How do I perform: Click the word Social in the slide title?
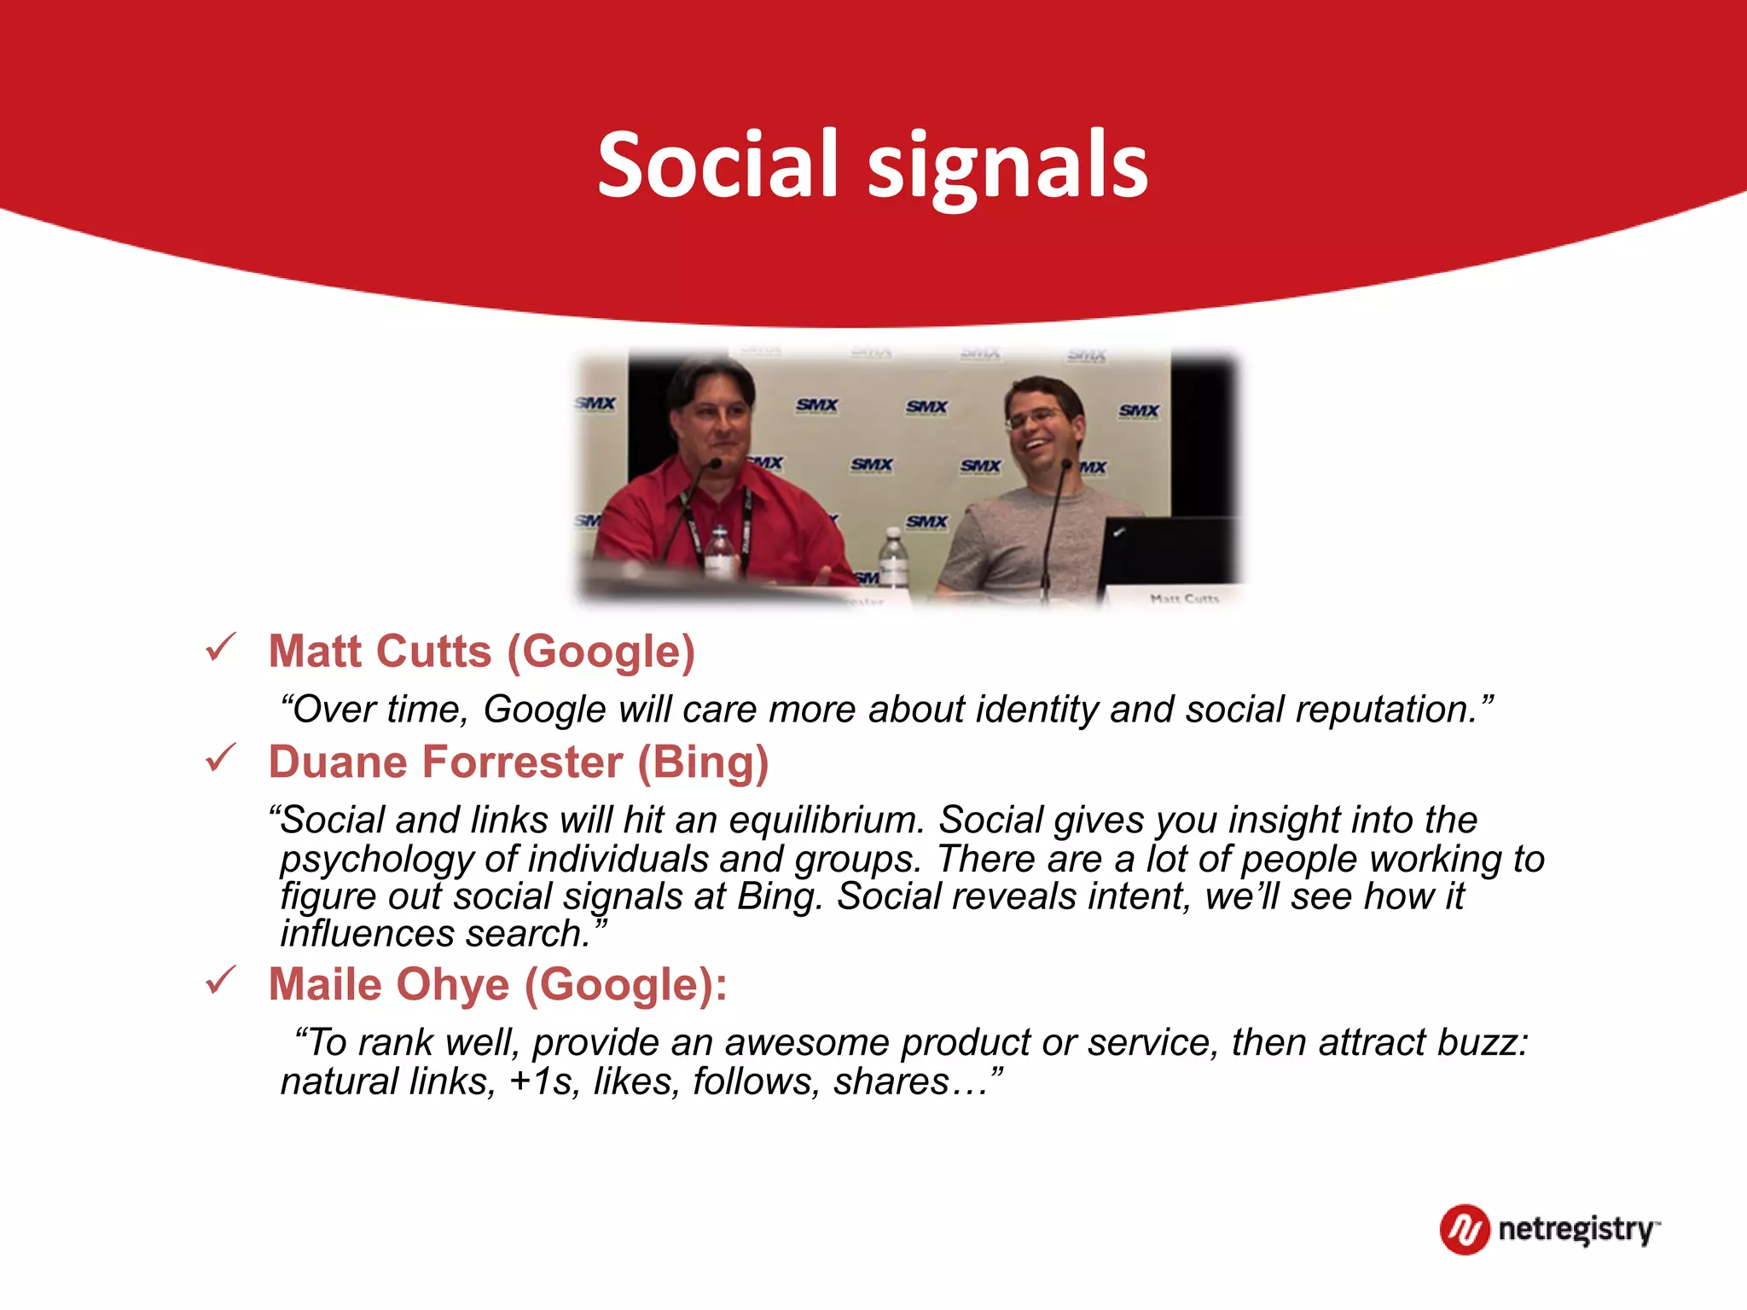pyautogui.click(x=717, y=165)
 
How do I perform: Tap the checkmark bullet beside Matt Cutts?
pyautogui.click(x=220, y=648)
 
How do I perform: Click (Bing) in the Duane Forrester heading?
pyautogui.click(x=703, y=762)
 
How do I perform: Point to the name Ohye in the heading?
pyautogui.click(x=452, y=984)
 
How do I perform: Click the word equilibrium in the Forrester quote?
pyautogui.click(x=826, y=820)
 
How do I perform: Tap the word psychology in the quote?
pyautogui.click(x=375, y=860)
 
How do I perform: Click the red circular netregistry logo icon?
pyautogui.click(x=1464, y=1229)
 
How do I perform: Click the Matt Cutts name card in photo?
pyautogui.click(x=1184, y=598)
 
